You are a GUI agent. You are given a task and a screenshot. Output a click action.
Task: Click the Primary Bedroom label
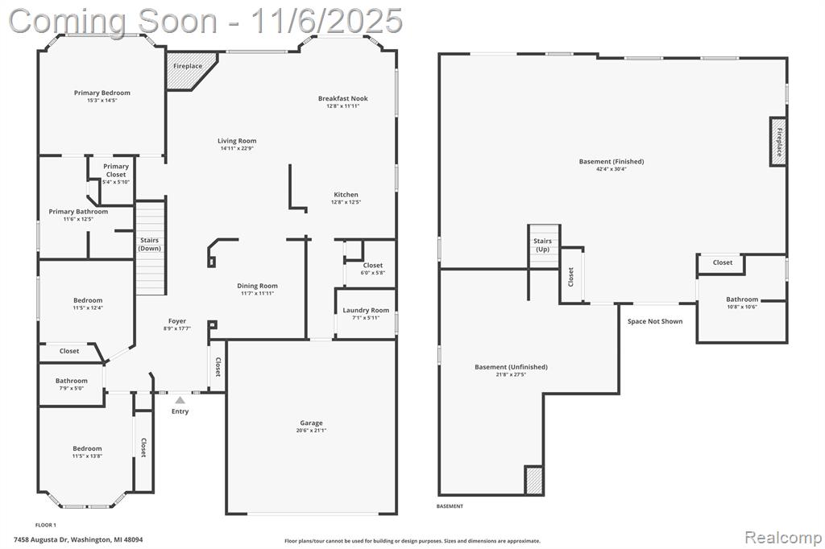102,93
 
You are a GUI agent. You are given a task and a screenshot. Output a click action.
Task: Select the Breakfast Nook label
343,98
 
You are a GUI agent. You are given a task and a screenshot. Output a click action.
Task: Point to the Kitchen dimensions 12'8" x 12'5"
346,203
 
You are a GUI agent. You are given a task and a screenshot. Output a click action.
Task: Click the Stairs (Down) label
149,245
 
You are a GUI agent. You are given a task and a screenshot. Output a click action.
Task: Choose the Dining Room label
257,286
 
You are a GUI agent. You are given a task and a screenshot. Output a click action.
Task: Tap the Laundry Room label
366,310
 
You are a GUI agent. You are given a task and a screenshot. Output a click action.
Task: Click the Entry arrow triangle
180,400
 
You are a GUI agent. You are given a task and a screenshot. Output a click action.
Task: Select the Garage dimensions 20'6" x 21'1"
311,431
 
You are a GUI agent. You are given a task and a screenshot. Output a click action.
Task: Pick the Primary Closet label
116,171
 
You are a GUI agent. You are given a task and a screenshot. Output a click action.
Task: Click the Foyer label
177,321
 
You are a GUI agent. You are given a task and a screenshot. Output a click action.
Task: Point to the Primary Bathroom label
78,212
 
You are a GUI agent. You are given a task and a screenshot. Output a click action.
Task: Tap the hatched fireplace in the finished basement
778,142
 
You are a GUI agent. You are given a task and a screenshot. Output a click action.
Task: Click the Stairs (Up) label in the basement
542,245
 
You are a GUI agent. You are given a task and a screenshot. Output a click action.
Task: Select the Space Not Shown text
655,321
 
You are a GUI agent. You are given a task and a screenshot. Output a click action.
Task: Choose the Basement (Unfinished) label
511,367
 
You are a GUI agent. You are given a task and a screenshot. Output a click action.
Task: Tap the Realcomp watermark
783,537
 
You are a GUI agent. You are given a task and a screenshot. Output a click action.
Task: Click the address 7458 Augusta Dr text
41,539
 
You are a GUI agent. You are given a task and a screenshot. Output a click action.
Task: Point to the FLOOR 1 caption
45,525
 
